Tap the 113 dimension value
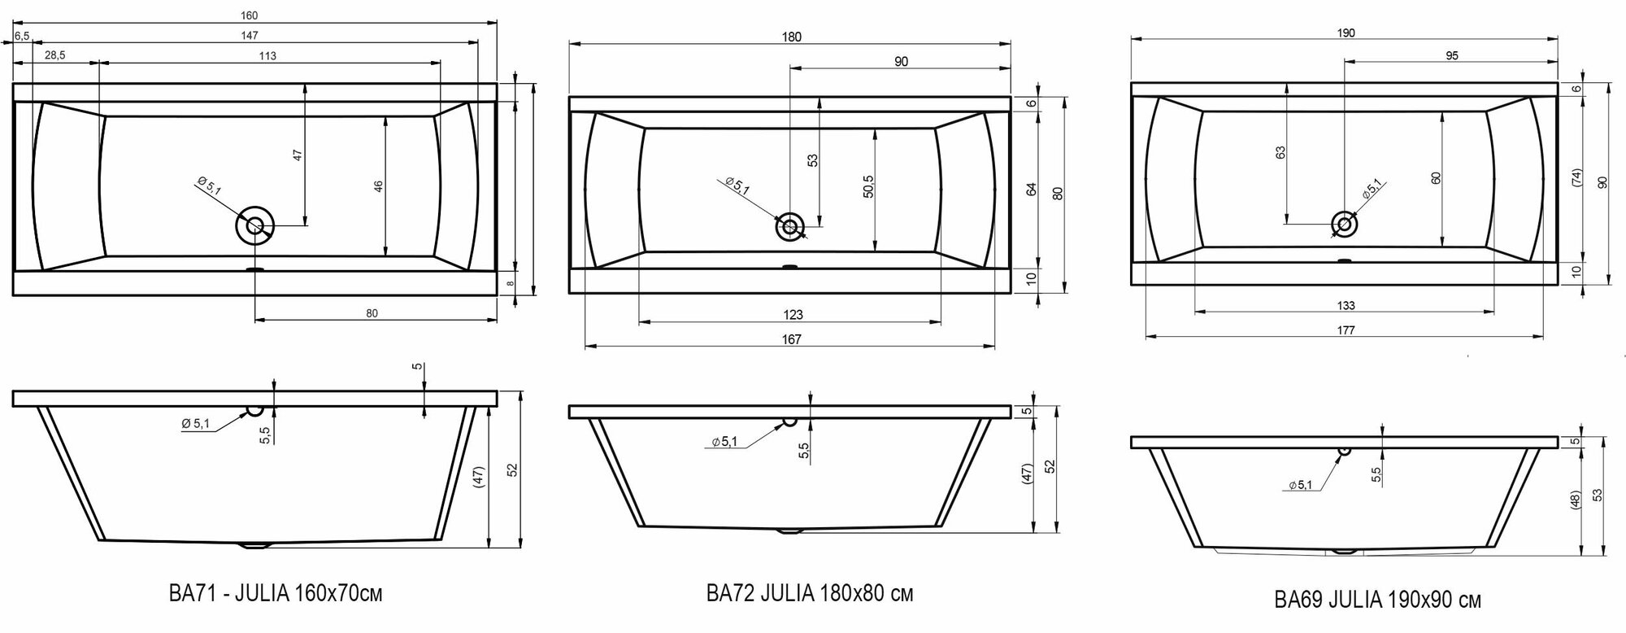[x=267, y=56]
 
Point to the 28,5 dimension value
[x=55, y=56]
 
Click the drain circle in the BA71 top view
[x=255, y=225]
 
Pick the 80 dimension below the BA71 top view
[x=372, y=313]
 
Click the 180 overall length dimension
[x=791, y=37]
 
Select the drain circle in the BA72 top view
[x=789, y=226]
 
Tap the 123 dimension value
[x=793, y=316]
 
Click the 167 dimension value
[x=791, y=340]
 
